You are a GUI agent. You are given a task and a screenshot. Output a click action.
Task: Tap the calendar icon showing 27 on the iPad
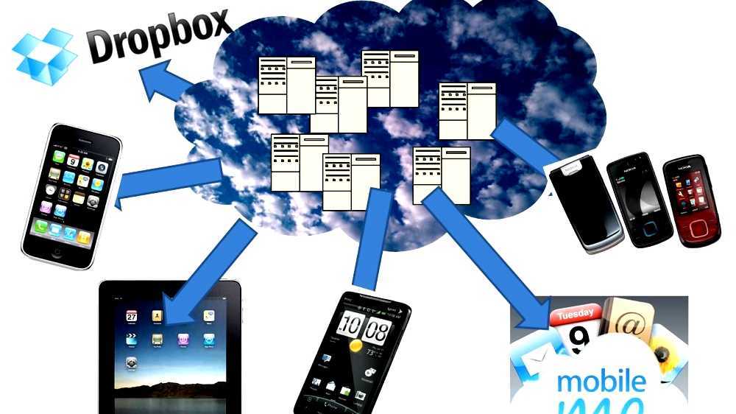[x=132, y=315]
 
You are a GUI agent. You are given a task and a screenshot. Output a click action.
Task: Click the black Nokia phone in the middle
[x=639, y=199]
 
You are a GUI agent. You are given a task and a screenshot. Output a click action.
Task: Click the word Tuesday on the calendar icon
[x=576, y=315]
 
